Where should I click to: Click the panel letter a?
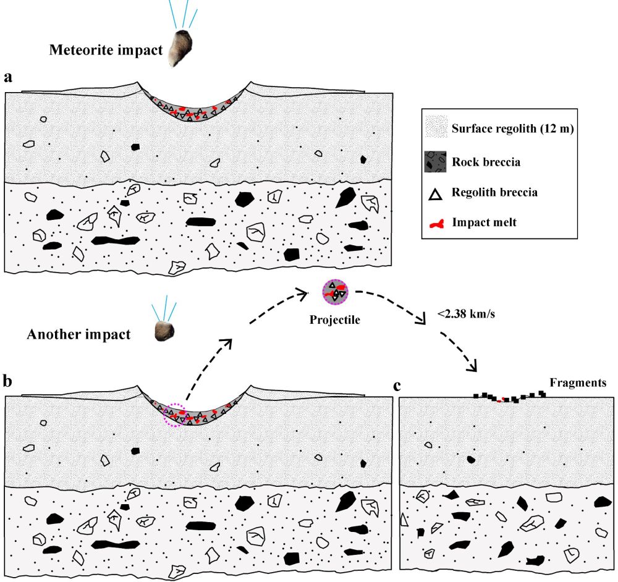pyautogui.click(x=8, y=77)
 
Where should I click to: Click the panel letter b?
pyautogui.click(x=8, y=381)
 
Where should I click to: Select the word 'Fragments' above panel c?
pyautogui.click(x=578, y=383)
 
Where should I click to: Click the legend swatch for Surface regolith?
pyautogui.click(x=435, y=129)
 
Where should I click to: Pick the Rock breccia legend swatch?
pyautogui.click(x=435, y=162)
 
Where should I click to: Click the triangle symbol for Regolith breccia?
pyautogui.click(x=435, y=194)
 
